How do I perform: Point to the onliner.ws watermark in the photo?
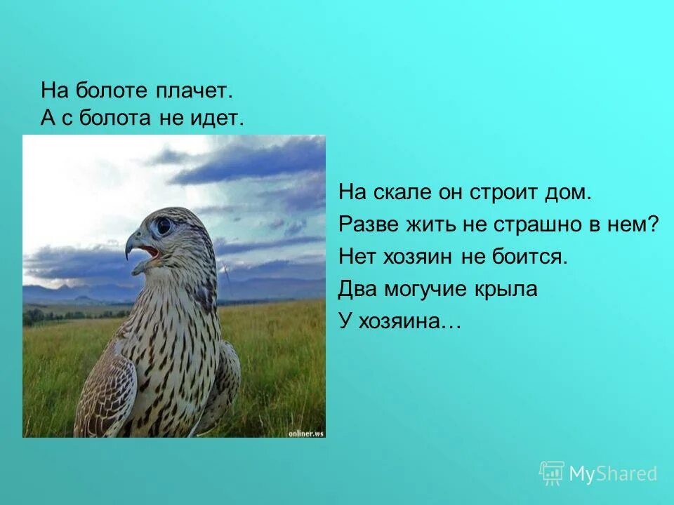pyautogui.click(x=306, y=433)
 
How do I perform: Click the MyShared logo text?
pyautogui.click(x=612, y=474)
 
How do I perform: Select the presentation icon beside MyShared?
pyautogui.click(x=552, y=473)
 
